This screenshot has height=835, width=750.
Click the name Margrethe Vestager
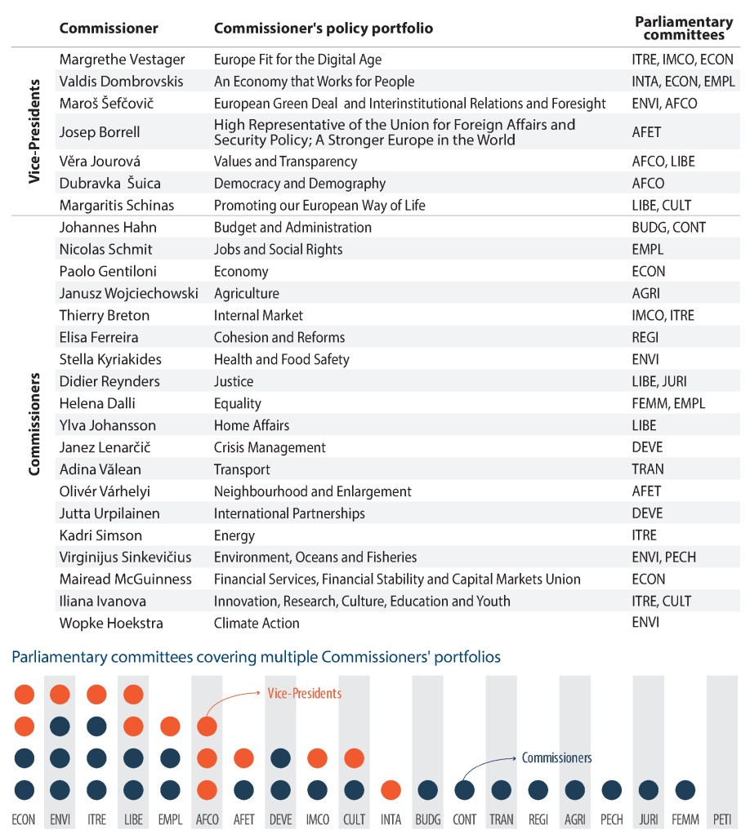122,60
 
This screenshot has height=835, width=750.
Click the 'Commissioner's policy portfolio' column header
323,29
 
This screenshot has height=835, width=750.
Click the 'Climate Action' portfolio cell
257,623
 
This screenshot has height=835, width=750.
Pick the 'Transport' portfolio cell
242,469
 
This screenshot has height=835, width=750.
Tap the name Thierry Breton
104,315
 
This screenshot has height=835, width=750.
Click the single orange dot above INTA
391,790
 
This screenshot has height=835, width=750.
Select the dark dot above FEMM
685,790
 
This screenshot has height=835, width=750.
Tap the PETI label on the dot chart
721,819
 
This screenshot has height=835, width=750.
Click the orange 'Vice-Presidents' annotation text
303,693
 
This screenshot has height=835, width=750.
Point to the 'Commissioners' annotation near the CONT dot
556,758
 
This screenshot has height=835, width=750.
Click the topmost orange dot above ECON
25,695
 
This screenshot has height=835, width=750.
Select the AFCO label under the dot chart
208,819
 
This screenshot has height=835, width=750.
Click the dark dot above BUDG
428,790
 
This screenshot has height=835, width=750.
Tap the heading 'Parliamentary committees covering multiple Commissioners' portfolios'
256,656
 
